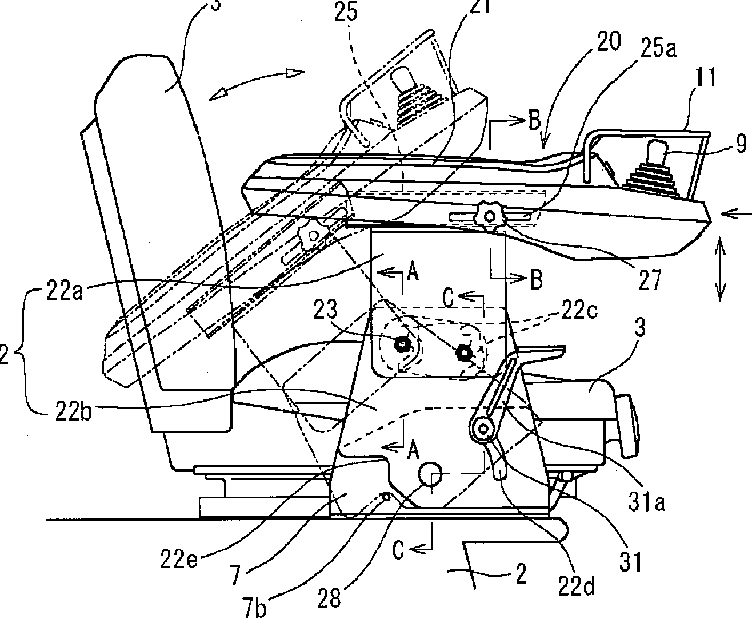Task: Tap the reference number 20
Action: pyautogui.click(x=603, y=43)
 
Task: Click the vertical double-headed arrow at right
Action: pyautogui.click(x=719, y=270)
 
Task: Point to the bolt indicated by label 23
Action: pyautogui.click(x=402, y=344)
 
